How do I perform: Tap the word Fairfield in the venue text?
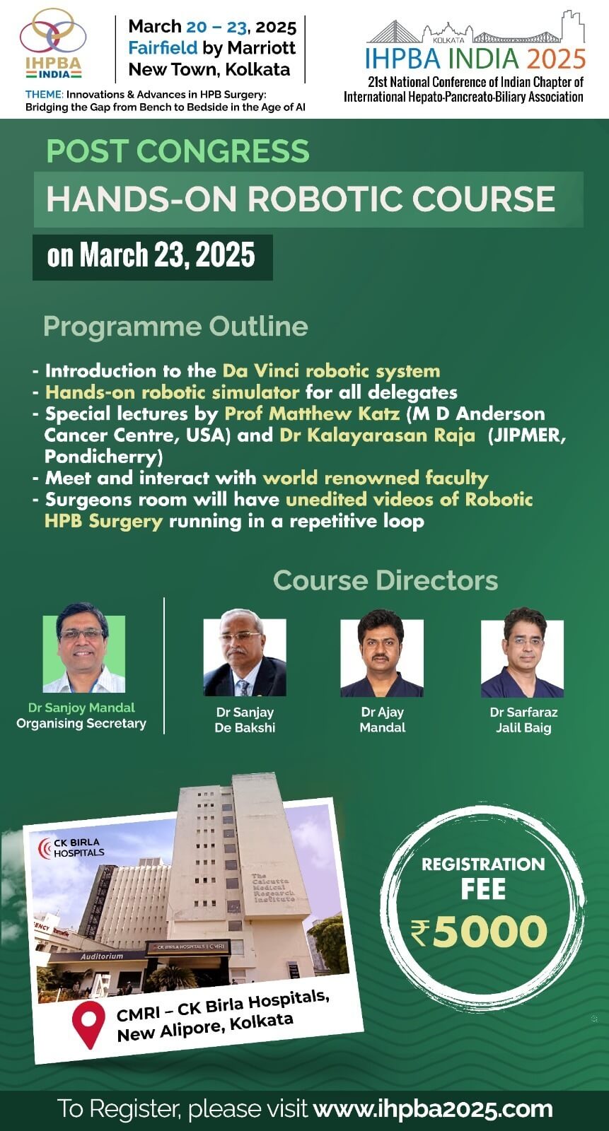162,47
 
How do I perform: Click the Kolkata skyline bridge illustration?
475,28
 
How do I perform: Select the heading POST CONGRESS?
178,151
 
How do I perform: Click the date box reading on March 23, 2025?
153,257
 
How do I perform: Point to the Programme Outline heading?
175,326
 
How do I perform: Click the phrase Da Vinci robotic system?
331,370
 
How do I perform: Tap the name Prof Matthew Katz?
312,414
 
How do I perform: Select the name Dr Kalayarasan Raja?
377,435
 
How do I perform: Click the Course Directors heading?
385,580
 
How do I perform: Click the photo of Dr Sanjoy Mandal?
83,647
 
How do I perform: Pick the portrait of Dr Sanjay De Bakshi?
245,653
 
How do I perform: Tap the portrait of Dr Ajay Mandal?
382,653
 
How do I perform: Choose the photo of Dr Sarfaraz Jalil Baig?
522,653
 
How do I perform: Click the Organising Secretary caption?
81,724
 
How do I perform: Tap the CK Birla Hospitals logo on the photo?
71,848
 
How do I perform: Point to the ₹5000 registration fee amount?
479,932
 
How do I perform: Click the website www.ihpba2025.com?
433,1109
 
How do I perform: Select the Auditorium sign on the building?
102,956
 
